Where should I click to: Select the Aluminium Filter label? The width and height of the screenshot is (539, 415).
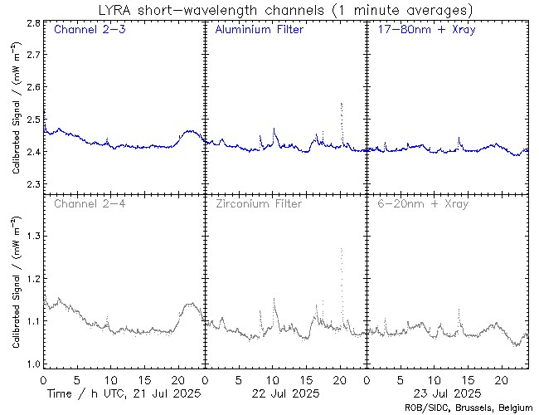point(259,30)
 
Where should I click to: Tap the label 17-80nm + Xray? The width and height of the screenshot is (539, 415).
point(423,30)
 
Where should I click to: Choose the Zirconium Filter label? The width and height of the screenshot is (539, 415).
point(259,203)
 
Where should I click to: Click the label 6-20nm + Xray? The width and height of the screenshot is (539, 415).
point(423,203)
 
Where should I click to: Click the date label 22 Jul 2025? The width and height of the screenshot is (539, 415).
point(283,393)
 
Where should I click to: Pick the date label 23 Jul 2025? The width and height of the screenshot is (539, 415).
point(444,393)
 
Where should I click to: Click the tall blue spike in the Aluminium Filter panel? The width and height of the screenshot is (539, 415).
point(341,105)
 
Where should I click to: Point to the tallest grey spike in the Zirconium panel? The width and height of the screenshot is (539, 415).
point(341,250)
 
